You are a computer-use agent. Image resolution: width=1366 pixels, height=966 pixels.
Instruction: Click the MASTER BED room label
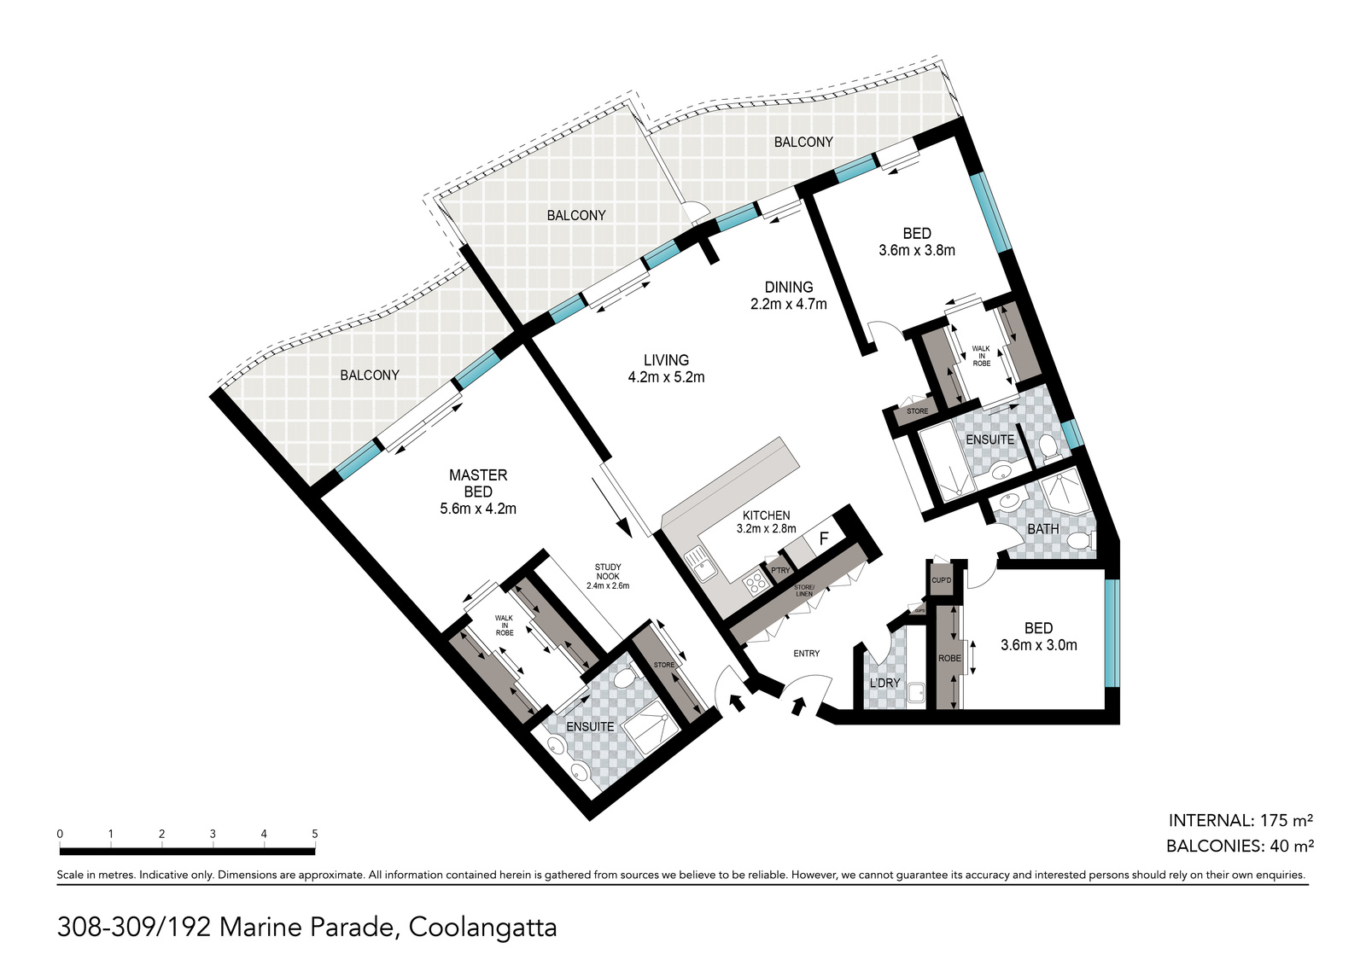click(x=478, y=483)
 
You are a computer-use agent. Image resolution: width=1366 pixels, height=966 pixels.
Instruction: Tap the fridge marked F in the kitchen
click(x=823, y=538)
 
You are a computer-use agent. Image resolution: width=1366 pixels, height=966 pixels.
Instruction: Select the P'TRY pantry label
click(x=780, y=570)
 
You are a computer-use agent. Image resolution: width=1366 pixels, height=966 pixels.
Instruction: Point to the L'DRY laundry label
click(x=884, y=684)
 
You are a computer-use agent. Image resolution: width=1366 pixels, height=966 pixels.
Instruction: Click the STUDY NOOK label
click(x=607, y=572)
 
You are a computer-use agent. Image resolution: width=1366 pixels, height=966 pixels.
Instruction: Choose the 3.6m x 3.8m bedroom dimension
click(x=917, y=250)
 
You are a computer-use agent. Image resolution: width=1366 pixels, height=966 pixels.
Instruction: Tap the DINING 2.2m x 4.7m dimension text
click(x=789, y=304)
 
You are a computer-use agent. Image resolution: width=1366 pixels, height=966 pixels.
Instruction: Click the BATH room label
click(x=1042, y=529)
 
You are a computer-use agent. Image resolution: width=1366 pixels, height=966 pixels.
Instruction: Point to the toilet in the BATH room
click(x=1083, y=540)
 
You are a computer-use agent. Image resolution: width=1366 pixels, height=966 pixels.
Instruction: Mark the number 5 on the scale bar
click(x=315, y=834)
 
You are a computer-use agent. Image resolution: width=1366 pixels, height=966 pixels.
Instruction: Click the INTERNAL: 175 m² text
click(x=1240, y=820)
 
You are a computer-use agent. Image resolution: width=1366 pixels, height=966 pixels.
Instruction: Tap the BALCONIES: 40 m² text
click(x=1240, y=846)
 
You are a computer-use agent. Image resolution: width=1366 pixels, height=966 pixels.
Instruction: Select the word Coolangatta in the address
click(x=482, y=928)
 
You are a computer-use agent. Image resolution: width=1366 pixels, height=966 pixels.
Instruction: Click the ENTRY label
click(x=806, y=654)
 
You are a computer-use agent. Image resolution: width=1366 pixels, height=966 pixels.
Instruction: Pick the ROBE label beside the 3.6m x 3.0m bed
click(x=949, y=658)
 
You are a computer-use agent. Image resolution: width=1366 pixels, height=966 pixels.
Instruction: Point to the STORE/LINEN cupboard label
click(x=803, y=590)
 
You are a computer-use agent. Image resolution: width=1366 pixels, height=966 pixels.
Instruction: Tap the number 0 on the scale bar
click(x=60, y=834)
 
